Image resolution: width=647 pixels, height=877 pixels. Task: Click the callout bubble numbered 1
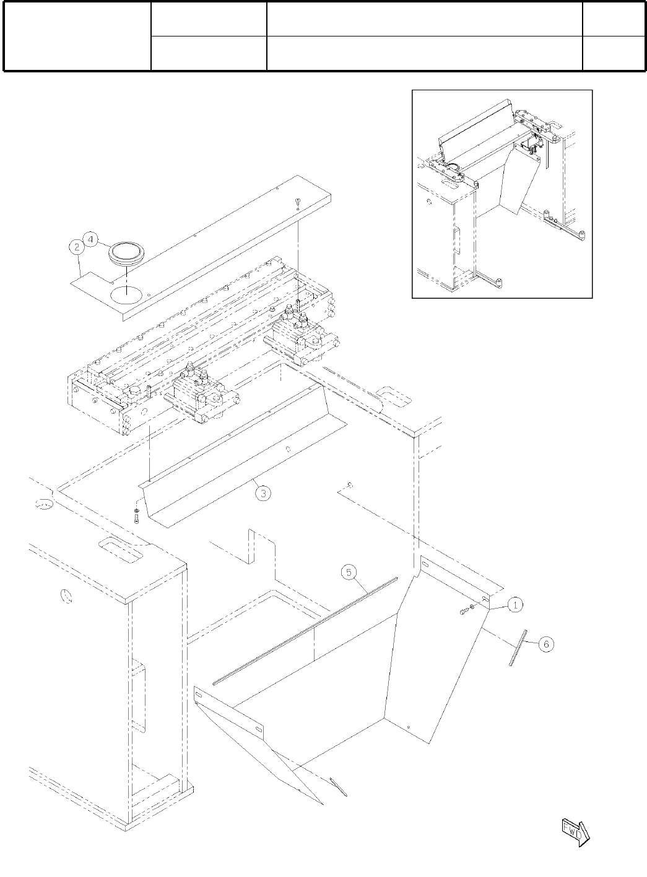pyautogui.click(x=515, y=605)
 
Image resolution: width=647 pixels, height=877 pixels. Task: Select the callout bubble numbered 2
pyautogui.click(x=76, y=247)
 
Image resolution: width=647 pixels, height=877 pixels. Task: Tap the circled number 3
pyautogui.click(x=263, y=493)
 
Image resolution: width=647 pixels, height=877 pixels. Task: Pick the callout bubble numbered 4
pyautogui.click(x=90, y=239)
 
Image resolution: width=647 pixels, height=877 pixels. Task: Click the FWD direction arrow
pyautogui.click(x=575, y=831)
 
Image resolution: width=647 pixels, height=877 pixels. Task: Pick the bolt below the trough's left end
pyautogui.click(x=136, y=515)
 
